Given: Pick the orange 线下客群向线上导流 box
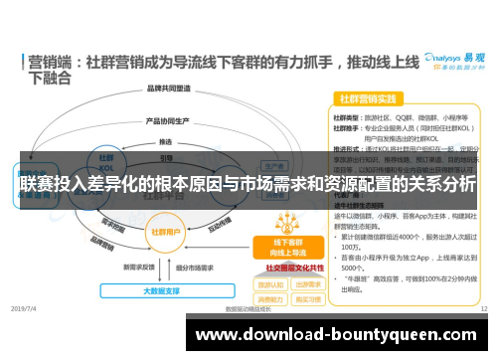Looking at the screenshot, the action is (277, 247).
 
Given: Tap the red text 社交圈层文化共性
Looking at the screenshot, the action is (294, 268).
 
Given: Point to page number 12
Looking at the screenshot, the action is (483, 309).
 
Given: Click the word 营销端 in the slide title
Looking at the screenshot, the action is (49, 60).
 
